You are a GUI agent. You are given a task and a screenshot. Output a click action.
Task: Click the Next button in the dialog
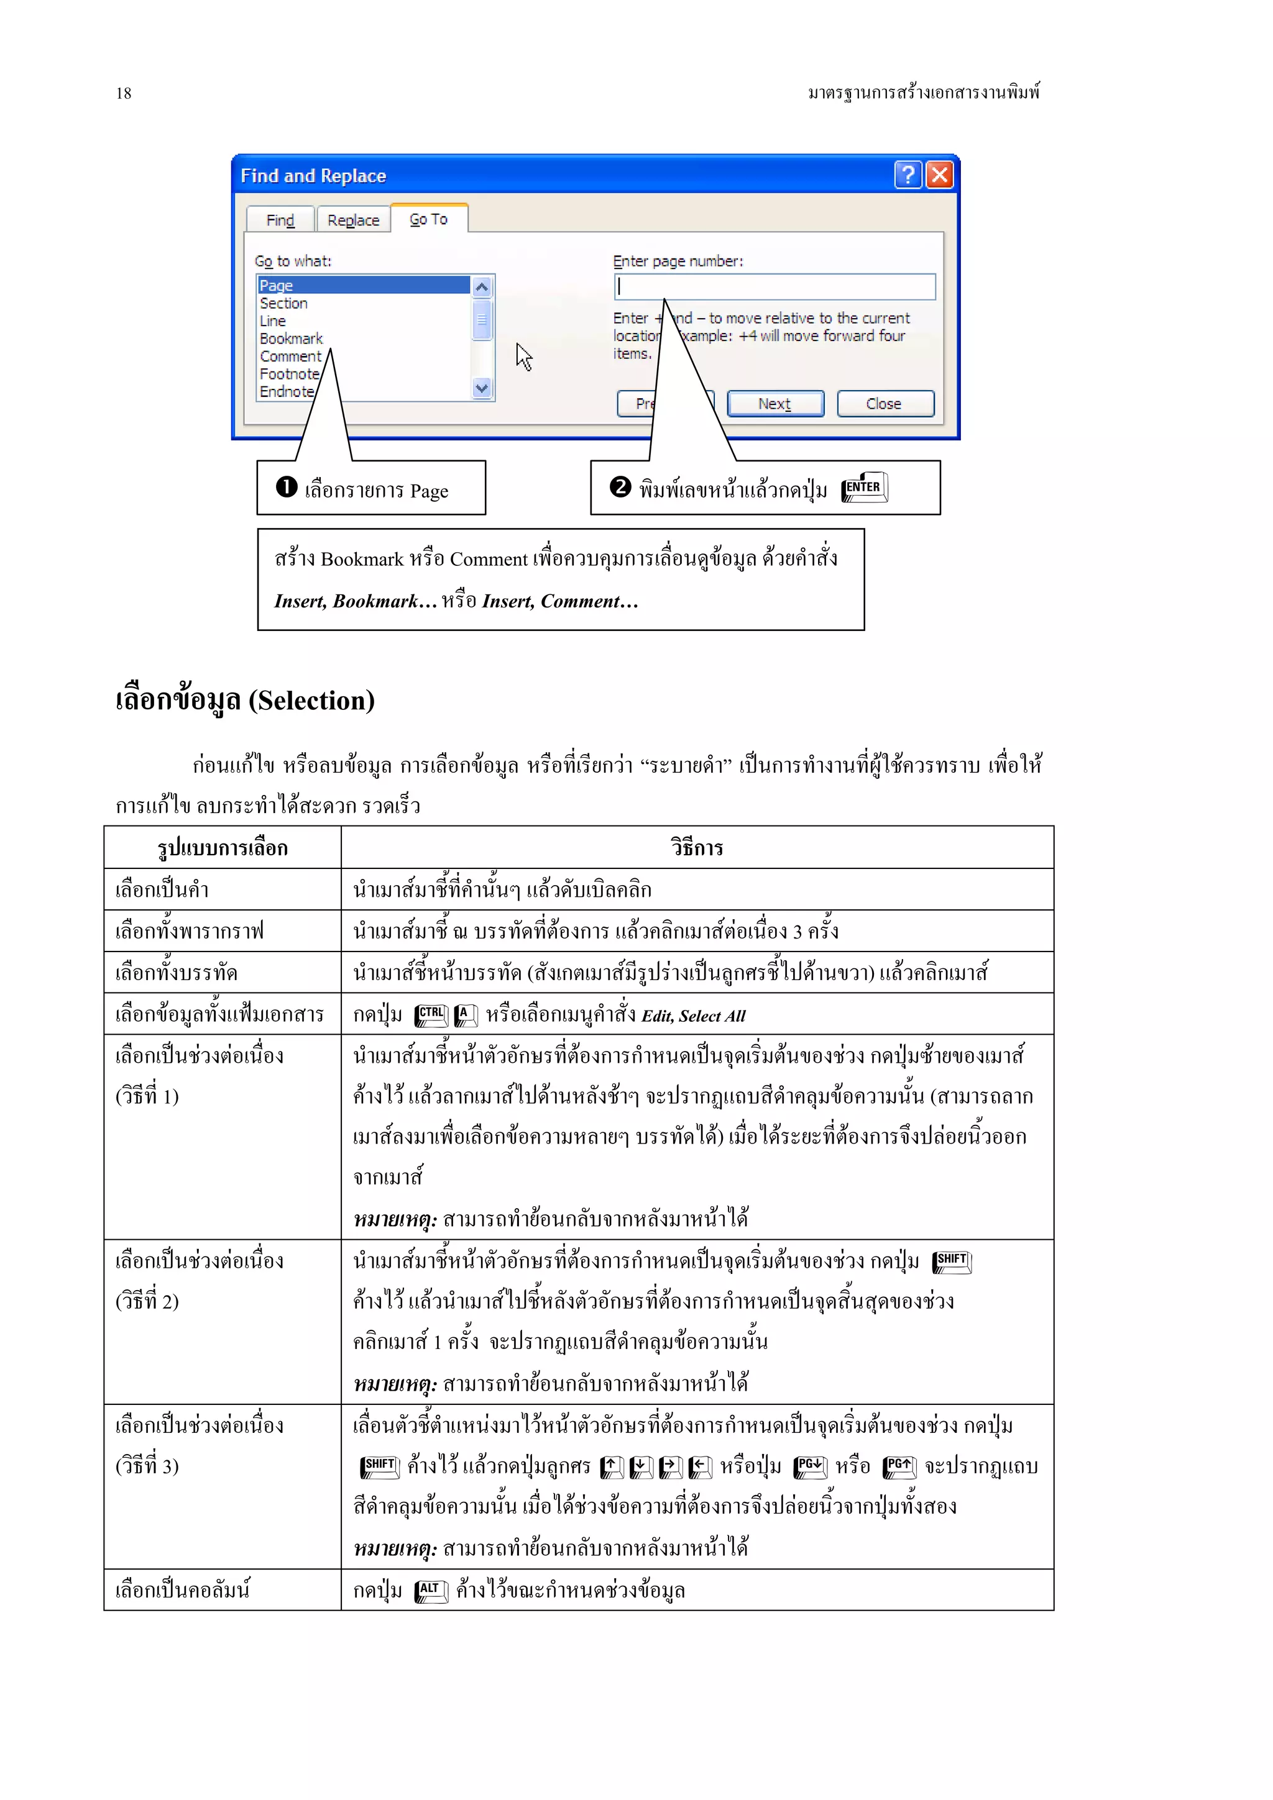[775, 404]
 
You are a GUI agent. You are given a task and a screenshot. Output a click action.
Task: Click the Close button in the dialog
[885, 404]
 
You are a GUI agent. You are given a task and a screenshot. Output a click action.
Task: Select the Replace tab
[353, 220]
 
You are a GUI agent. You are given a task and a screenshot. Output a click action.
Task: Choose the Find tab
[280, 220]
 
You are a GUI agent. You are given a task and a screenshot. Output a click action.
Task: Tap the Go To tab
[428, 219]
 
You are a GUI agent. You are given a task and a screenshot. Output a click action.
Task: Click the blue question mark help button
[908, 174]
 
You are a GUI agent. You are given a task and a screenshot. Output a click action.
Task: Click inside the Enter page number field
[774, 287]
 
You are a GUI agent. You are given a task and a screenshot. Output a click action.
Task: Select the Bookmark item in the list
[291, 339]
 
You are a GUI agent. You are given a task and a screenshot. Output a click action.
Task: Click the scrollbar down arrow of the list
[482, 388]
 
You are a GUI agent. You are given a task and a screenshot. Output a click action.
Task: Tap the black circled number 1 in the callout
[287, 487]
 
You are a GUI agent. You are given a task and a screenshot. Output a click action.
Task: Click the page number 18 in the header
[124, 93]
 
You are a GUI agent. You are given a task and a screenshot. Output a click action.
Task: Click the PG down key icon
[811, 1466]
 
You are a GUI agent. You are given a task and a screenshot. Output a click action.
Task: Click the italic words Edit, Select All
[693, 1016]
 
